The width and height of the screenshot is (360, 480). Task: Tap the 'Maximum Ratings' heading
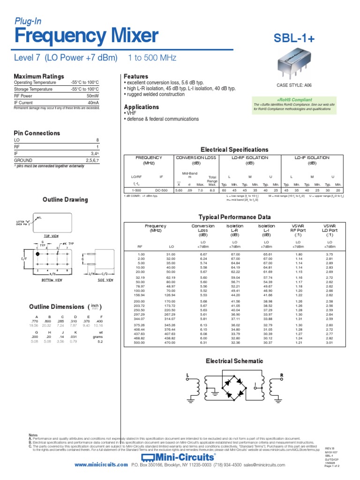(39, 76)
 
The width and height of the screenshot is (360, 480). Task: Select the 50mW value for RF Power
(93, 95)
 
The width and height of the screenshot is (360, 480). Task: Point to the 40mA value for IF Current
(93, 102)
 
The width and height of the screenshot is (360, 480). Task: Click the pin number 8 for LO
(97, 140)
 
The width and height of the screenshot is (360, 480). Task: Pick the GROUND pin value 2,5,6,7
(92, 160)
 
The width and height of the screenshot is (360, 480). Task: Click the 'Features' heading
(135, 76)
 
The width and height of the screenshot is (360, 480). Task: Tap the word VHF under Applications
(130, 113)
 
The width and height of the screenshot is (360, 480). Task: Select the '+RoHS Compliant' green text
(294, 100)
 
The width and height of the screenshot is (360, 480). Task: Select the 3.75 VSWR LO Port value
(329, 255)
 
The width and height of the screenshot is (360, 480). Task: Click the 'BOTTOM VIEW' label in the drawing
(52, 280)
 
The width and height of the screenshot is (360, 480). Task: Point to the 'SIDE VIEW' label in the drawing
(105, 280)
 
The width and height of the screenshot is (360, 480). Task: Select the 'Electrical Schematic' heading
(232, 361)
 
